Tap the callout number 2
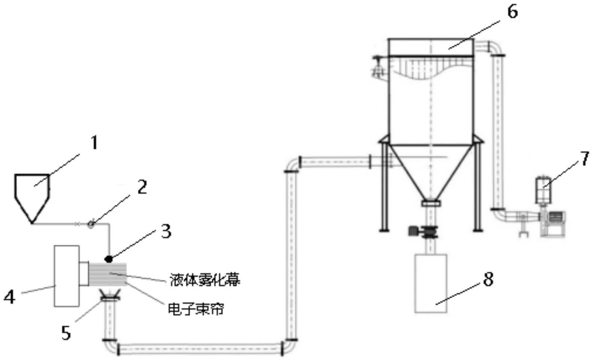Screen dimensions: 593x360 pos(142,187)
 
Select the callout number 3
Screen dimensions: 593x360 pos(166,231)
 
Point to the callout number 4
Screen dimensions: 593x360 pos(9,297)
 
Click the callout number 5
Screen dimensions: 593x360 pos(66,333)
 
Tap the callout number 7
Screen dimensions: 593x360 pos(584,158)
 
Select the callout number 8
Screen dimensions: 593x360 pos(488,279)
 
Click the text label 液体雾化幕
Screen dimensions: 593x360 pos(205,280)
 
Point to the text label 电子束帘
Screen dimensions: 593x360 pos(196,309)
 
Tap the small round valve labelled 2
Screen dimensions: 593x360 pos(91,224)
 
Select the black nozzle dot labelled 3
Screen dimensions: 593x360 pos(109,258)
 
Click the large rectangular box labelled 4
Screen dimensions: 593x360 pos(67,276)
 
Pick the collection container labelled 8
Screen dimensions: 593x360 pos(431,284)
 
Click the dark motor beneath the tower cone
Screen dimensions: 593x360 pos(413,231)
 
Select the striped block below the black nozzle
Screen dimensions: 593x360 pos(108,274)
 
